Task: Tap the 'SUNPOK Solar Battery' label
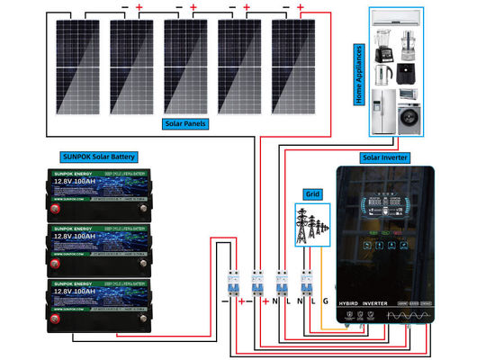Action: coord(98,155)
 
